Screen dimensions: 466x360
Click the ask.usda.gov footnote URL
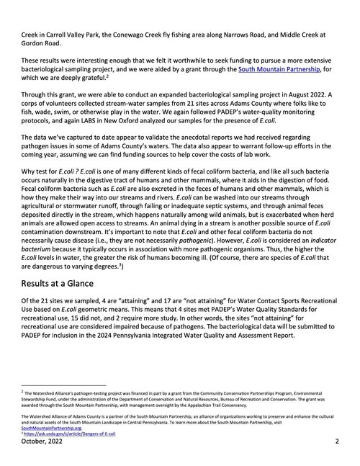click(60, 435)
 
